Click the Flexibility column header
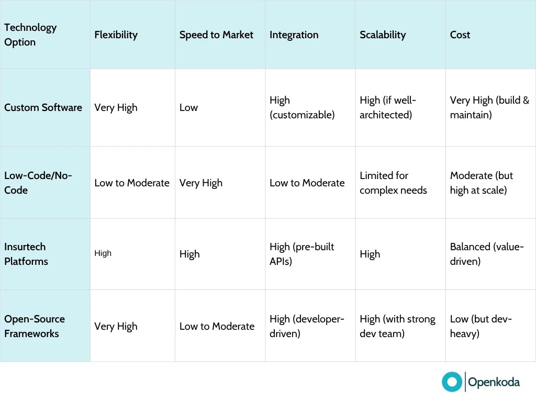[116, 35]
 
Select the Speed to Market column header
[216, 35]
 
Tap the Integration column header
[294, 35]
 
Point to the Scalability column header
[383, 35]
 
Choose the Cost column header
[460, 35]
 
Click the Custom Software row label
[43, 107]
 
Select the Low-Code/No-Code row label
[38, 183]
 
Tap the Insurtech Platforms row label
[26, 254]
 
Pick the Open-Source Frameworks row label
[35, 326]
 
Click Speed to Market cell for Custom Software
[188, 107]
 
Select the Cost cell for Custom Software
[489, 107]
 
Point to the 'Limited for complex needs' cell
[393, 183]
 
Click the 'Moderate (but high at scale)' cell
[482, 183]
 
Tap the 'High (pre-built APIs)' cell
[302, 254]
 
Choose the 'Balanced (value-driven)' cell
[487, 254]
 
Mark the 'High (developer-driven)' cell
[307, 326]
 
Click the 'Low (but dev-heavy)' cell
[481, 326]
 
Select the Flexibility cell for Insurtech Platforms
[103, 253]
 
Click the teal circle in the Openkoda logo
[452, 382]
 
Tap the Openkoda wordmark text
[494, 382]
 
